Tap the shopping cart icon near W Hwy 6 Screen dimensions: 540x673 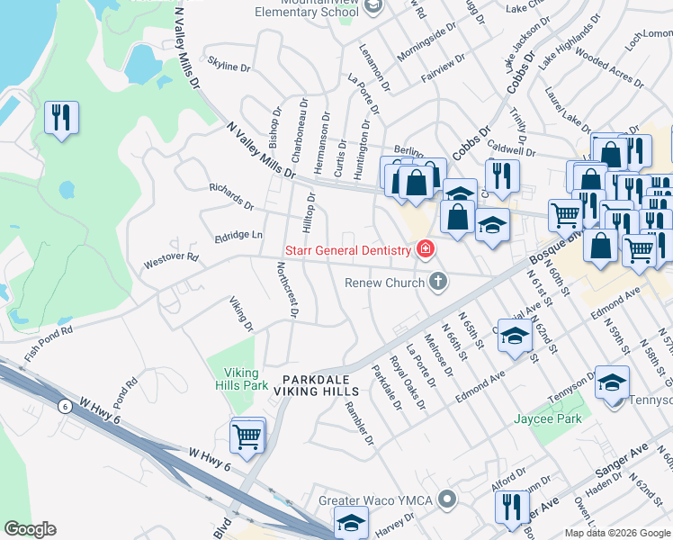pyautogui.click(x=247, y=436)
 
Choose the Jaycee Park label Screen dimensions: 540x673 pyautogui.click(x=547, y=418)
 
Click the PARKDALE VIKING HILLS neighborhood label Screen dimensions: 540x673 pyautogui.click(x=321, y=385)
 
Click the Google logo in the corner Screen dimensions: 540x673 pyautogui.click(x=30, y=529)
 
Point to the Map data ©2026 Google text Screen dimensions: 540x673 pyautogui.click(x=617, y=533)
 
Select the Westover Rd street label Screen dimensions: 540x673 pyautogui.click(x=171, y=261)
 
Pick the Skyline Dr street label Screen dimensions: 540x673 pyautogui.click(x=229, y=67)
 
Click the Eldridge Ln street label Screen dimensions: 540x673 pyautogui.click(x=238, y=236)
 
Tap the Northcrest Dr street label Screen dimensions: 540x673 pyautogui.click(x=287, y=291)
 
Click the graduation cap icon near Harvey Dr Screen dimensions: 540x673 pyautogui.click(x=351, y=521)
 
